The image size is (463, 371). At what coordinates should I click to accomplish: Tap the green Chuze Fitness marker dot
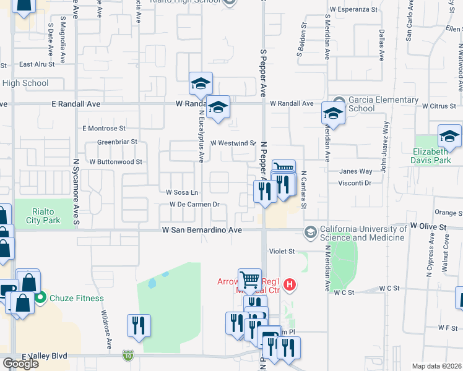tap(41, 298)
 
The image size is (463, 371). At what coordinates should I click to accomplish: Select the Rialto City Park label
tap(43, 216)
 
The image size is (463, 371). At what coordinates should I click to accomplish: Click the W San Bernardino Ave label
tap(201, 229)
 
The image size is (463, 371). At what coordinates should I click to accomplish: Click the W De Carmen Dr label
tap(195, 204)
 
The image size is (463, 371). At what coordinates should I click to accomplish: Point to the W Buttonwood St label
tap(116, 161)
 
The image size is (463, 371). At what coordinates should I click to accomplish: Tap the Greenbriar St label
tap(117, 142)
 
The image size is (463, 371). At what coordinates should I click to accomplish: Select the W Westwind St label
tap(233, 143)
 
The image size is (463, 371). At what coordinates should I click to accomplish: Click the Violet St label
tap(282, 252)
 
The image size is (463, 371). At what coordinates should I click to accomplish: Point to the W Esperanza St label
tap(353, 9)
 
